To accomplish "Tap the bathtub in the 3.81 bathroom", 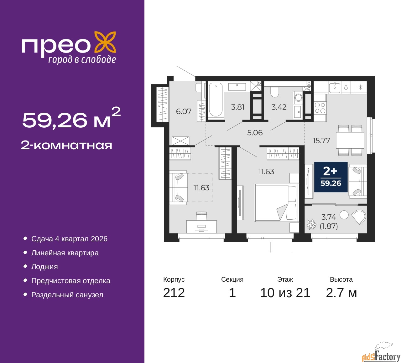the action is [x=216, y=100].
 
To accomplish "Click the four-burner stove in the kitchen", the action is [x=320, y=108].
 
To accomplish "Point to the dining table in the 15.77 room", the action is [x=350, y=140].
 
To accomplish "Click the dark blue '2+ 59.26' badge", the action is [x=331, y=177].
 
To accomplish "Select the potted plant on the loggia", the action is [x=311, y=224].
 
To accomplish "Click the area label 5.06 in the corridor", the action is [x=255, y=133].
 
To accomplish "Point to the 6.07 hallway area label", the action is [x=184, y=111].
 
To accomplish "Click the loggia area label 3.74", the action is [x=329, y=217].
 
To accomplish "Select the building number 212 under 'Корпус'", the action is [x=174, y=293].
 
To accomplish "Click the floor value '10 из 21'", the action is [x=285, y=293].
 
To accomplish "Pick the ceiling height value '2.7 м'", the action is [x=341, y=293].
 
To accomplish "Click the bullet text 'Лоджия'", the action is [x=44, y=267].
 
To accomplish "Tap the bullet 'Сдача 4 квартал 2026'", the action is [x=69, y=239].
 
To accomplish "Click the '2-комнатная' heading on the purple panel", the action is [x=66, y=146].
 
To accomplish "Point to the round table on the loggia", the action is [x=344, y=215].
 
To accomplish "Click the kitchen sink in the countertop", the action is [x=335, y=87].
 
